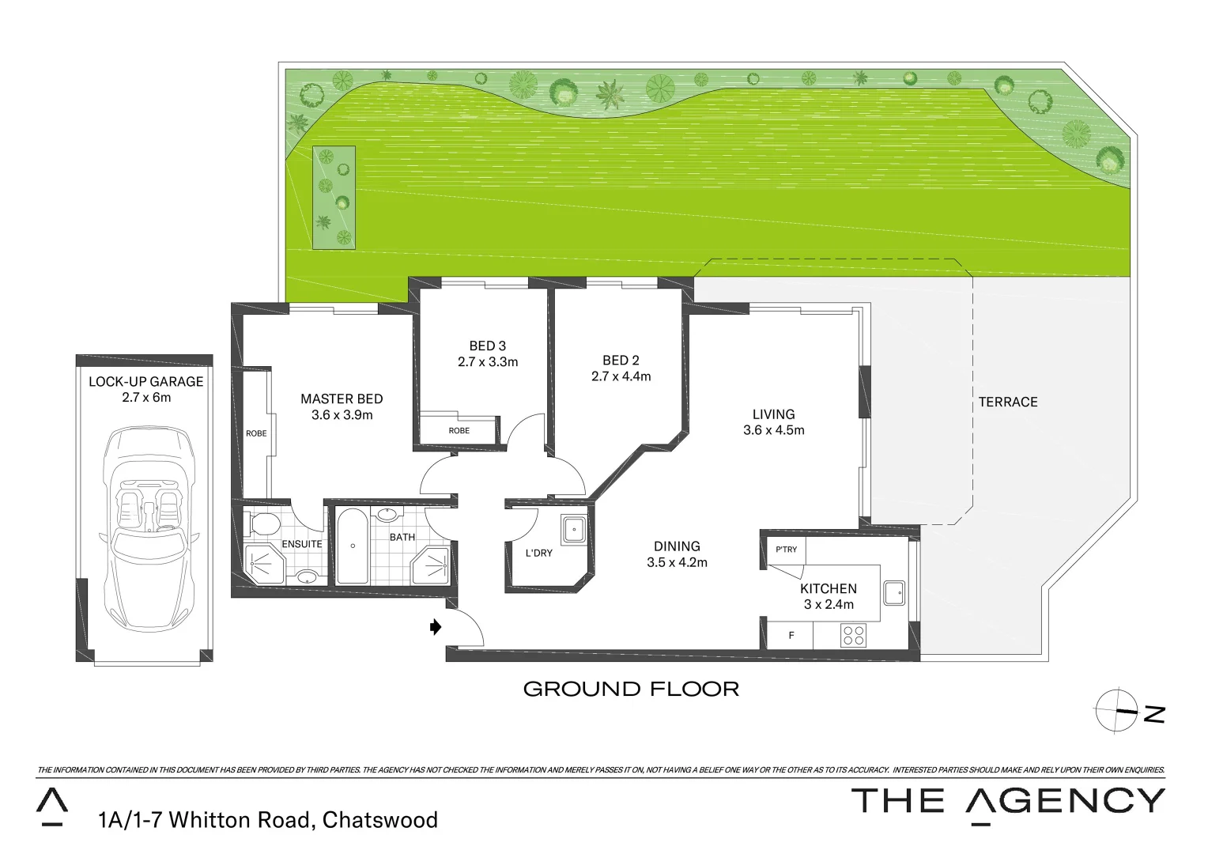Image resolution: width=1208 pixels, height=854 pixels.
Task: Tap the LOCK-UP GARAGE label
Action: [x=146, y=382]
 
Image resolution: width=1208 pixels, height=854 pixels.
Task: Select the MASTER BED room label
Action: [x=342, y=399]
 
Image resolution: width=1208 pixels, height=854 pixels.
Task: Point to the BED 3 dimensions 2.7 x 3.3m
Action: [x=487, y=362]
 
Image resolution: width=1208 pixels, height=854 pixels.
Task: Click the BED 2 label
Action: [x=621, y=361]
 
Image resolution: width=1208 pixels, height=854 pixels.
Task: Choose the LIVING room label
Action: [x=773, y=414]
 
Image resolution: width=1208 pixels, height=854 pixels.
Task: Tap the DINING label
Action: [x=677, y=546]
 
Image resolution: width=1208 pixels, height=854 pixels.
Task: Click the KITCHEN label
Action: [x=828, y=589]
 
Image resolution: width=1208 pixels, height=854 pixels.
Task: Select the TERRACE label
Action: [x=1007, y=402]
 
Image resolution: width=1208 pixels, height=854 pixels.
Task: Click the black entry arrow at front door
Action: [x=435, y=627]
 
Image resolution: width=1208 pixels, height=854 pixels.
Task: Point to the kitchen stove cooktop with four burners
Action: [x=853, y=635]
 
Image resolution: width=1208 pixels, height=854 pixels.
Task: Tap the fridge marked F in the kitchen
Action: [x=791, y=635]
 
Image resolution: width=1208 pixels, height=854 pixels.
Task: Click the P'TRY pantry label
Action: [x=786, y=550]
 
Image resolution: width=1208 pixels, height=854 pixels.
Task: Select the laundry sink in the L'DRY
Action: [x=573, y=529]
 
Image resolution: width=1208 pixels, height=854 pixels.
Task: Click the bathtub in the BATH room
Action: [x=353, y=546]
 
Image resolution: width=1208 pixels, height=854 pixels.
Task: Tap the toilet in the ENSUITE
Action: [x=262, y=523]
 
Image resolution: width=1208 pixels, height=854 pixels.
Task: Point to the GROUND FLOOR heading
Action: [x=631, y=689]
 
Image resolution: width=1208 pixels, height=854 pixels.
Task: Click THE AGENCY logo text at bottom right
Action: [x=1007, y=801]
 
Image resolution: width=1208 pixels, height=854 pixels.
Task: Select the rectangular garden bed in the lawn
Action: [x=333, y=198]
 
